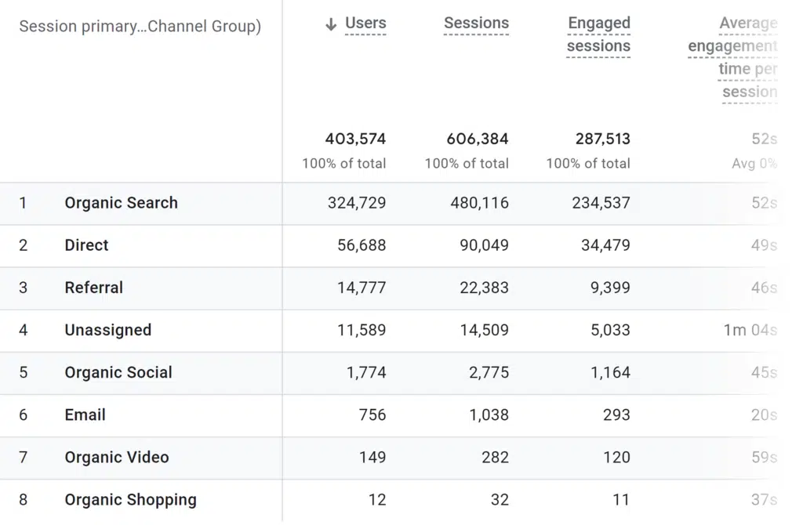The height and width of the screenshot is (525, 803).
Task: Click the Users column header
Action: coord(365,24)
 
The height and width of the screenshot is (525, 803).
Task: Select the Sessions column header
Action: coord(476,24)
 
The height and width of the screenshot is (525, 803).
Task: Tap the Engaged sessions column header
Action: coord(598,34)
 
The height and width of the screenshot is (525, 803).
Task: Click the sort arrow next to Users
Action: coord(331,24)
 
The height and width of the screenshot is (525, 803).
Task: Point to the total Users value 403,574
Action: coord(355,139)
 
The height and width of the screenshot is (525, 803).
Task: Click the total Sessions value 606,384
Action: coord(478,139)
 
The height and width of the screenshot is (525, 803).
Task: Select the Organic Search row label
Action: coord(121,203)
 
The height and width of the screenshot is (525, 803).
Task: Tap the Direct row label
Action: coord(86,245)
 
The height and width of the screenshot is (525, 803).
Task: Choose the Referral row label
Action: coord(93,288)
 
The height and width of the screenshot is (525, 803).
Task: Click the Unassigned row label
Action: coord(107,330)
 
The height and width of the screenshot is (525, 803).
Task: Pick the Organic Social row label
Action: coord(118,372)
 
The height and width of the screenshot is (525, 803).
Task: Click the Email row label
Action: coord(85,415)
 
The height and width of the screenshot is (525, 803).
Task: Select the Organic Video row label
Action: coord(116,457)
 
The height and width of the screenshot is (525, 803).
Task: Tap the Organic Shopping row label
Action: coord(130,499)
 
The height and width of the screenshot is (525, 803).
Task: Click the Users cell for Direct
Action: coord(362,245)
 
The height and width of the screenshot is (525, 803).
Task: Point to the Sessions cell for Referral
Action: coord(484,288)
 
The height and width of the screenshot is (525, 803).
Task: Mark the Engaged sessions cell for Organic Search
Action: coord(601,203)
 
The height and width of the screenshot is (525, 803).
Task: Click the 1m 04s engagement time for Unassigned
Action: coord(750,330)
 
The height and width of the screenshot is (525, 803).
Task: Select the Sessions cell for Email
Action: coord(489,415)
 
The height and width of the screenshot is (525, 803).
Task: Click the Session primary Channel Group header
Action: coord(140,27)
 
